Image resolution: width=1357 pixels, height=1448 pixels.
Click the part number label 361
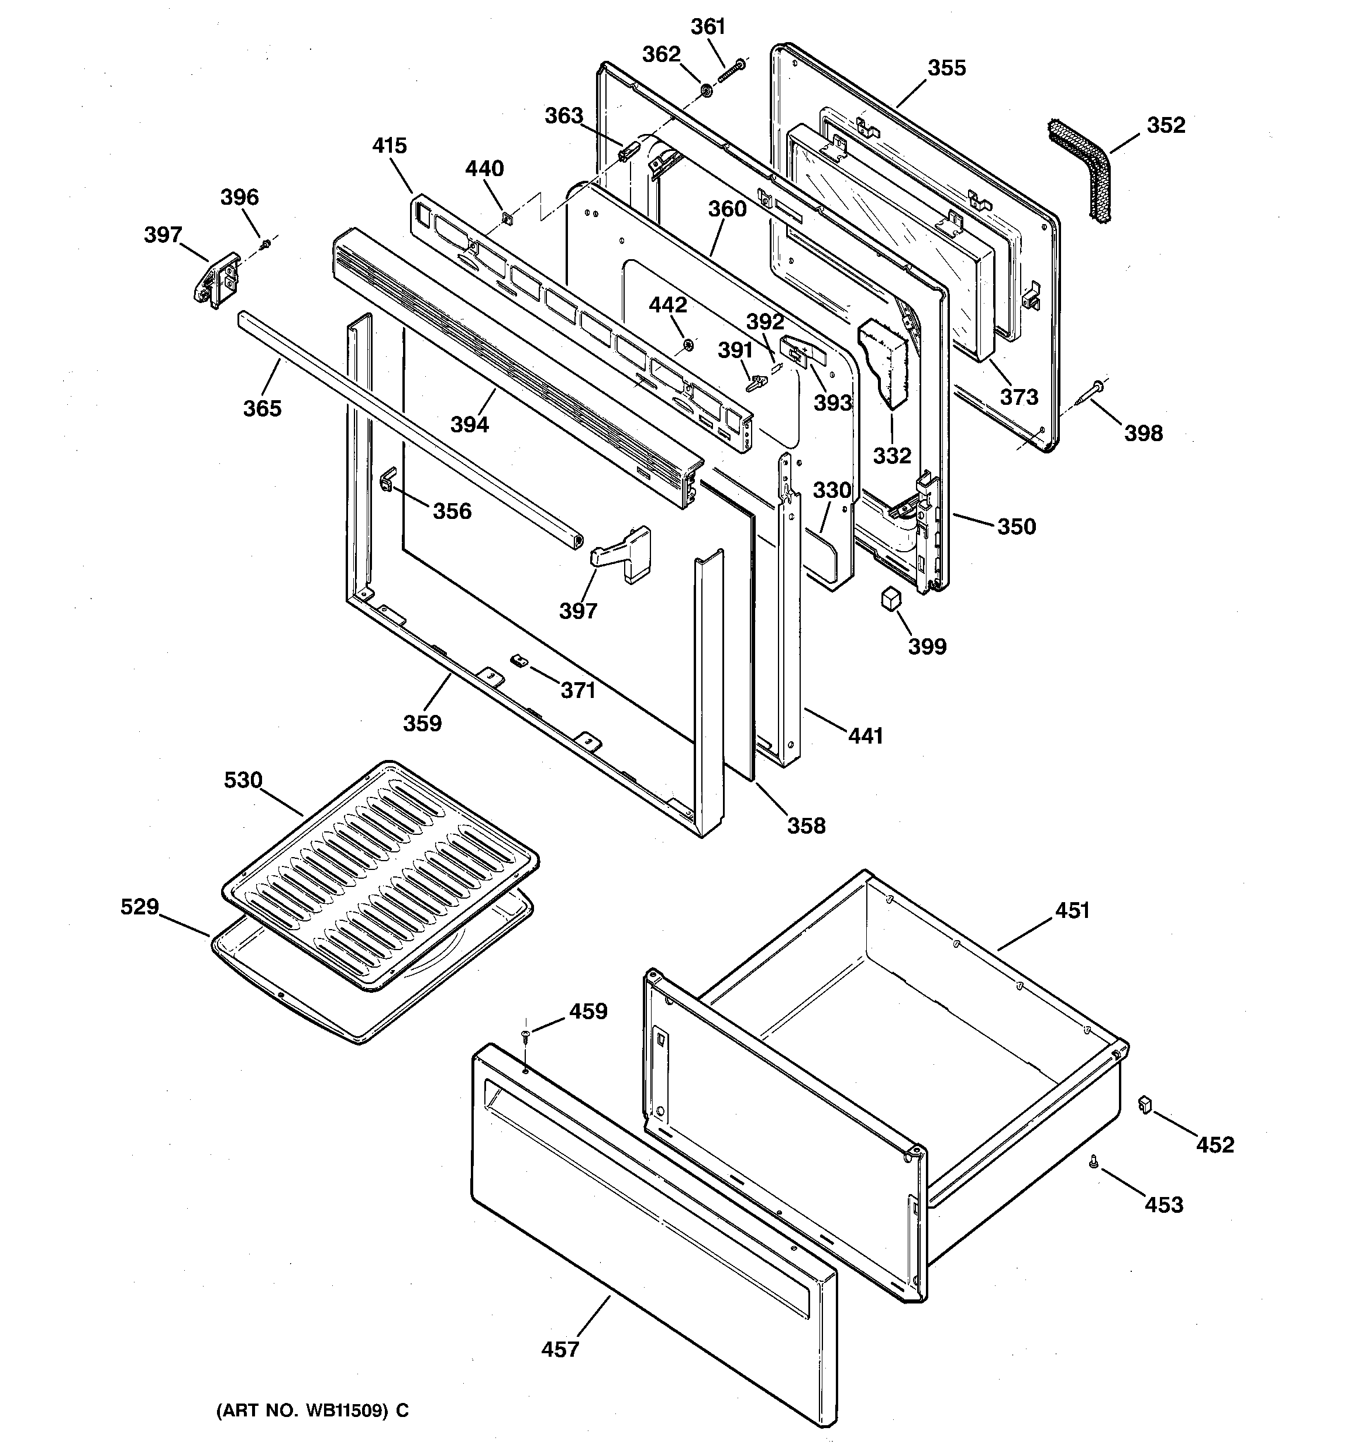click(x=708, y=27)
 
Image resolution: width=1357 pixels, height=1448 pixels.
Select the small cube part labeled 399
click(x=891, y=599)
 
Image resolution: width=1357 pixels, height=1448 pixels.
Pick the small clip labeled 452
click(x=1144, y=1105)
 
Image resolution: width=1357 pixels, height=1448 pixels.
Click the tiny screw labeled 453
click(x=1093, y=1163)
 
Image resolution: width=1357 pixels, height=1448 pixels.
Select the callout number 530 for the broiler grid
click(x=243, y=780)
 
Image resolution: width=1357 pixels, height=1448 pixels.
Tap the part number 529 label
click(x=139, y=907)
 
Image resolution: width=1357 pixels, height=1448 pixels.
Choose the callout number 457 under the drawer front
click(x=560, y=1350)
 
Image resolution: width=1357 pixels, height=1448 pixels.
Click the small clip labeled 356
click(x=388, y=478)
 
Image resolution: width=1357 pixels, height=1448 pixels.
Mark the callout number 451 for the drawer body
click(x=1072, y=910)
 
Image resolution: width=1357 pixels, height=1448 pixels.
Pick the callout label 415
click(x=389, y=146)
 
